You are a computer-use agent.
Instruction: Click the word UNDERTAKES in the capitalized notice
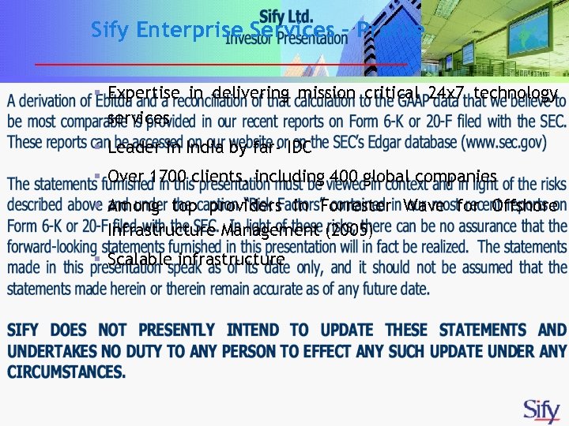pos(55,350)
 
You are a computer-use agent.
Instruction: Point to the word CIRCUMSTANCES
pos(67,371)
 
